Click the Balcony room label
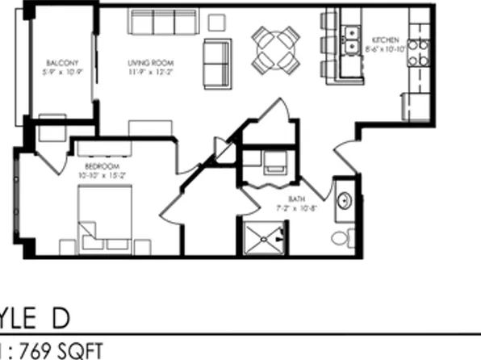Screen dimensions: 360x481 tap(61, 62)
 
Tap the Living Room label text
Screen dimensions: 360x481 tap(150, 62)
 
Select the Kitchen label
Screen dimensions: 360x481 tap(384, 40)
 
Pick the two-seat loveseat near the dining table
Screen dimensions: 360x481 tap(216, 63)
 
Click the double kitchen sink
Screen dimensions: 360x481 tap(351, 41)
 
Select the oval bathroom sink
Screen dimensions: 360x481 tap(342, 200)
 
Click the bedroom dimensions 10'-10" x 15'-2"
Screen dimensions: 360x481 tap(97, 174)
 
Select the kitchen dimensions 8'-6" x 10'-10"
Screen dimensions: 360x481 tap(384, 49)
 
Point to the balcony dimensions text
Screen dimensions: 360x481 tap(61, 71)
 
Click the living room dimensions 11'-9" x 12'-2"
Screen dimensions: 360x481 tap(150, 71)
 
